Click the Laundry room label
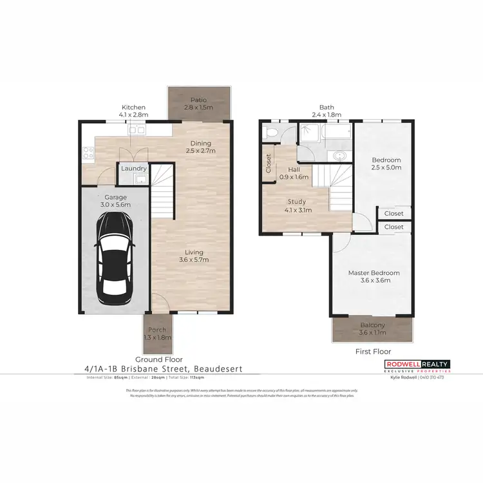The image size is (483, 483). (x=134, y=169)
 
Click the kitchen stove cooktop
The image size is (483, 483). (x=88, y=153)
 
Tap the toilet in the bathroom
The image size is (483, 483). (x=271, y=133)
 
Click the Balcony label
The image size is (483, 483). (x=373, y=325)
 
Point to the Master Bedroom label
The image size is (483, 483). (x=374, y=273)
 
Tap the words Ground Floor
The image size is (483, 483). (x=158, y=359)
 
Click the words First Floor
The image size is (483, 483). (x=374, y=352)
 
